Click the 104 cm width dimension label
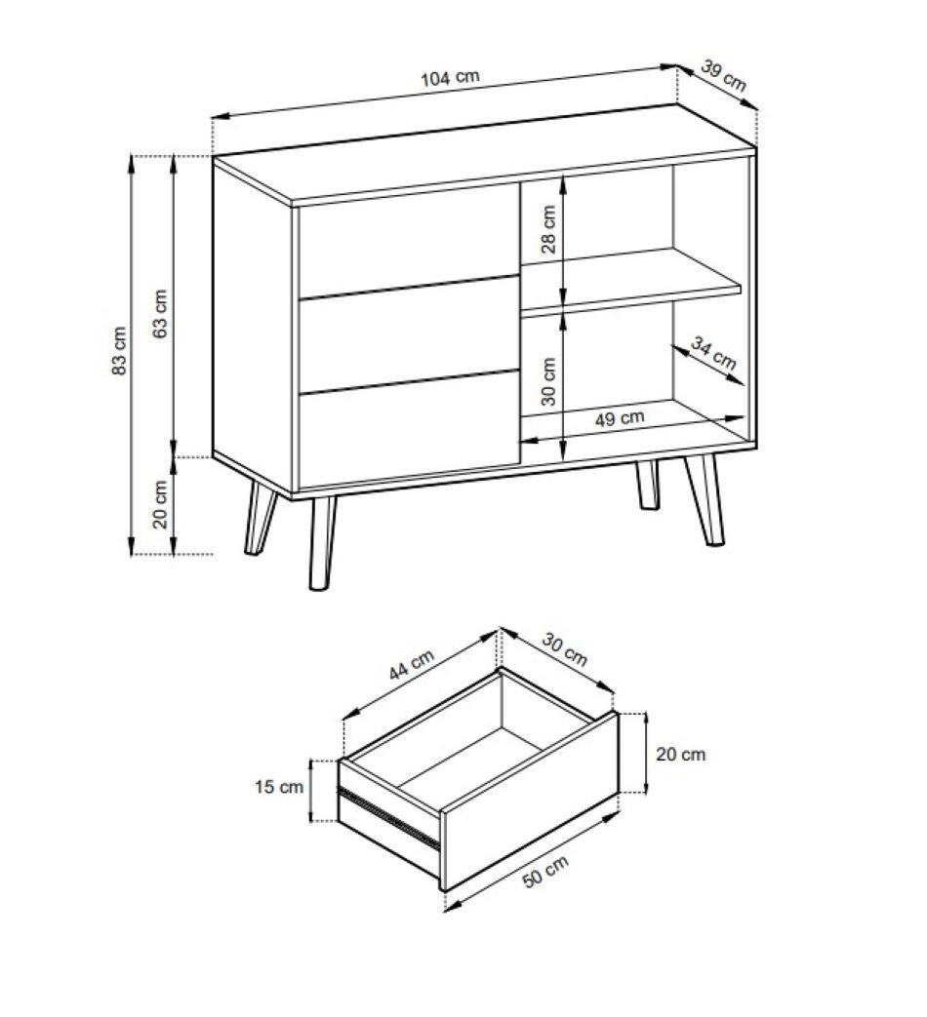pyautogui.click(x=450, y=78)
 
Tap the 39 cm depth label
pyautogui.click(x=724, y=75)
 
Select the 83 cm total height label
pyautogui.click(x=119, y=351)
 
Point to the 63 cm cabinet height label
pyautogui.click(x=160, y=313)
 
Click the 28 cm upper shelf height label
pyautogui.click(x=548, y=229)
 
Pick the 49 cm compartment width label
pyautogui.click(x=620, y=418)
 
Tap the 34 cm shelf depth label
pyautogui.click(x=712, y=353)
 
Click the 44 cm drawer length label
pyautogui.click(x=412, y=665)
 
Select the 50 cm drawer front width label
pyautogui.click(x=545, y=871)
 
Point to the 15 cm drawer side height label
pyautogui.click(x=279, y=787)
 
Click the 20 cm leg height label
pyautogui.click(x=160, y=505)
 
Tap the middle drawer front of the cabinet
pyautogui.click(x=409, y=334)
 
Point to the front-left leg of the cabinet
pyautogui.click(x=323, y=543)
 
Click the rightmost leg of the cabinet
pyautogui.click(x=705, y=499)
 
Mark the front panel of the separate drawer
pyautogui.click(x=529, y=801)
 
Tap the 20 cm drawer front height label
pyautogui.click(x=680, y=755)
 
